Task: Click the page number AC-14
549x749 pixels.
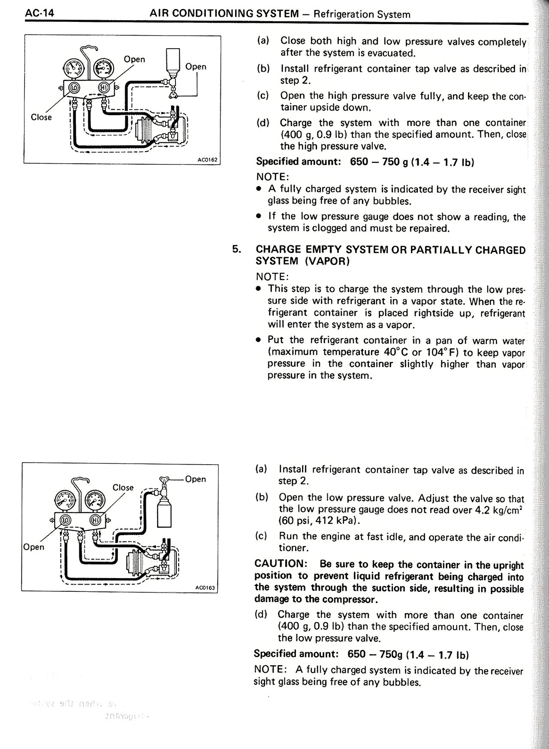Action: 39,13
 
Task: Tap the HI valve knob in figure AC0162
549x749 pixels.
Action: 104,88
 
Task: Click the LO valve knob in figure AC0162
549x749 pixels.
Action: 75,88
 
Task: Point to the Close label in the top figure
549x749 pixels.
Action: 41,117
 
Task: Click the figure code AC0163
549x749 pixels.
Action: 205,588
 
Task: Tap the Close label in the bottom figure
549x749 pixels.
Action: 123,487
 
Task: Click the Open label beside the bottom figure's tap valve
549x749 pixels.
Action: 196,479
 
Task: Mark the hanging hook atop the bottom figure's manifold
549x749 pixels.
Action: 81,481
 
